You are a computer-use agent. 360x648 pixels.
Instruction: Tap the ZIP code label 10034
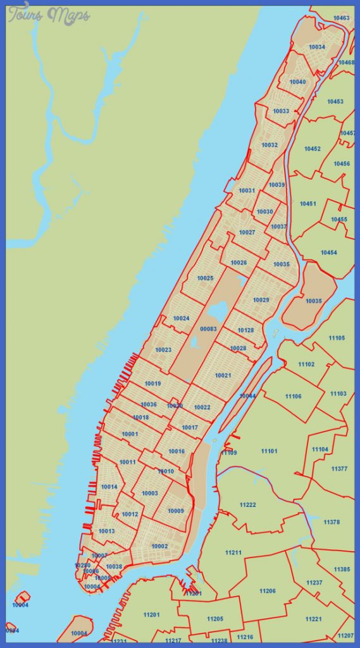click(x=317, y=47)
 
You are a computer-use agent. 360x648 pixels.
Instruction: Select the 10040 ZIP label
click(x=297, y=82)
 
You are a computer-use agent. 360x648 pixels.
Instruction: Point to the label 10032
click(x=270, y=145)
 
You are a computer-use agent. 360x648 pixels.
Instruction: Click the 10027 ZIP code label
click(x=247, y=233)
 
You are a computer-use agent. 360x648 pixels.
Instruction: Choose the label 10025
click(x=205, y=278)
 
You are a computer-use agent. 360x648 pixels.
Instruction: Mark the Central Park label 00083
click(x=208, y=329)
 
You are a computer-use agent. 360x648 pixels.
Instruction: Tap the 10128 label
click(x=245, y=330)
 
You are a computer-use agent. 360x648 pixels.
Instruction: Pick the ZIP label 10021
click(x=223, y=376)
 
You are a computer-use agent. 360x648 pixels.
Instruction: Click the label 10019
click(x=152, y=383)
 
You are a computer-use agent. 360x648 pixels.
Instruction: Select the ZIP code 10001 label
click(x=130, y=434)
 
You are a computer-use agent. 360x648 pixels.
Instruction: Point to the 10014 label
click(x=109, y=487)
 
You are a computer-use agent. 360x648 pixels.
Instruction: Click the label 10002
click(x=159, y=546)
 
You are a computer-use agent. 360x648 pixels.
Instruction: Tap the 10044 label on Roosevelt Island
click(x=247, y=396)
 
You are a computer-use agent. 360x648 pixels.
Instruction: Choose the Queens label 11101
click(x=270, y=451)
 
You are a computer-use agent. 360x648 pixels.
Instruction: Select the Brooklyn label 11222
click(x=247, y=504)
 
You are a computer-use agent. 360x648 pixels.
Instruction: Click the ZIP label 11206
click(x=267, y=591)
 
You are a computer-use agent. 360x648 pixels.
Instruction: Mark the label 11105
click(x=337, y=338)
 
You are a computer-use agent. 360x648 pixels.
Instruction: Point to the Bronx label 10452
click(x=312, y=149)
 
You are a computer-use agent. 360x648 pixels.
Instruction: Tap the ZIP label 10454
click(x=328, y=252)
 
